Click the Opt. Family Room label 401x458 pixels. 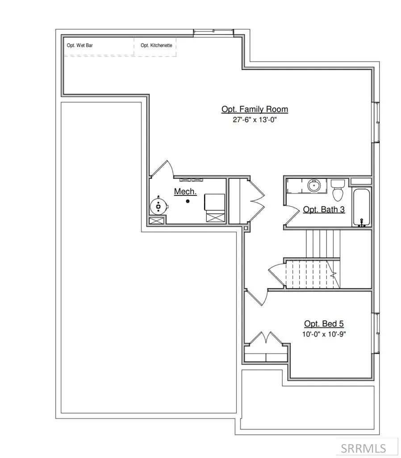[x=255, y=109]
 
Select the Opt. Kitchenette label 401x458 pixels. [x=156, y=45]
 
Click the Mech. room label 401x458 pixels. [x=185, y=191]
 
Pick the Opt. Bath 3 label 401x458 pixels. [x=324, y=209]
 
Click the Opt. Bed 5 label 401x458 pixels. [x=324, y=324]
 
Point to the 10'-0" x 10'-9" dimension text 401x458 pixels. [x=324, y=334]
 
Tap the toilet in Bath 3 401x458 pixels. [x=338, y=190]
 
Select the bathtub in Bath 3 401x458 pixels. [x=362, y=208]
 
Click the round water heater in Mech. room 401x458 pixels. [x=159, y=206]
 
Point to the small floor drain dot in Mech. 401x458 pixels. [x=188, y=202]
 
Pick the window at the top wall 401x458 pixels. [x=213, y=31]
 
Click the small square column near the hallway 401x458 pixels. [x=246, y=229]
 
